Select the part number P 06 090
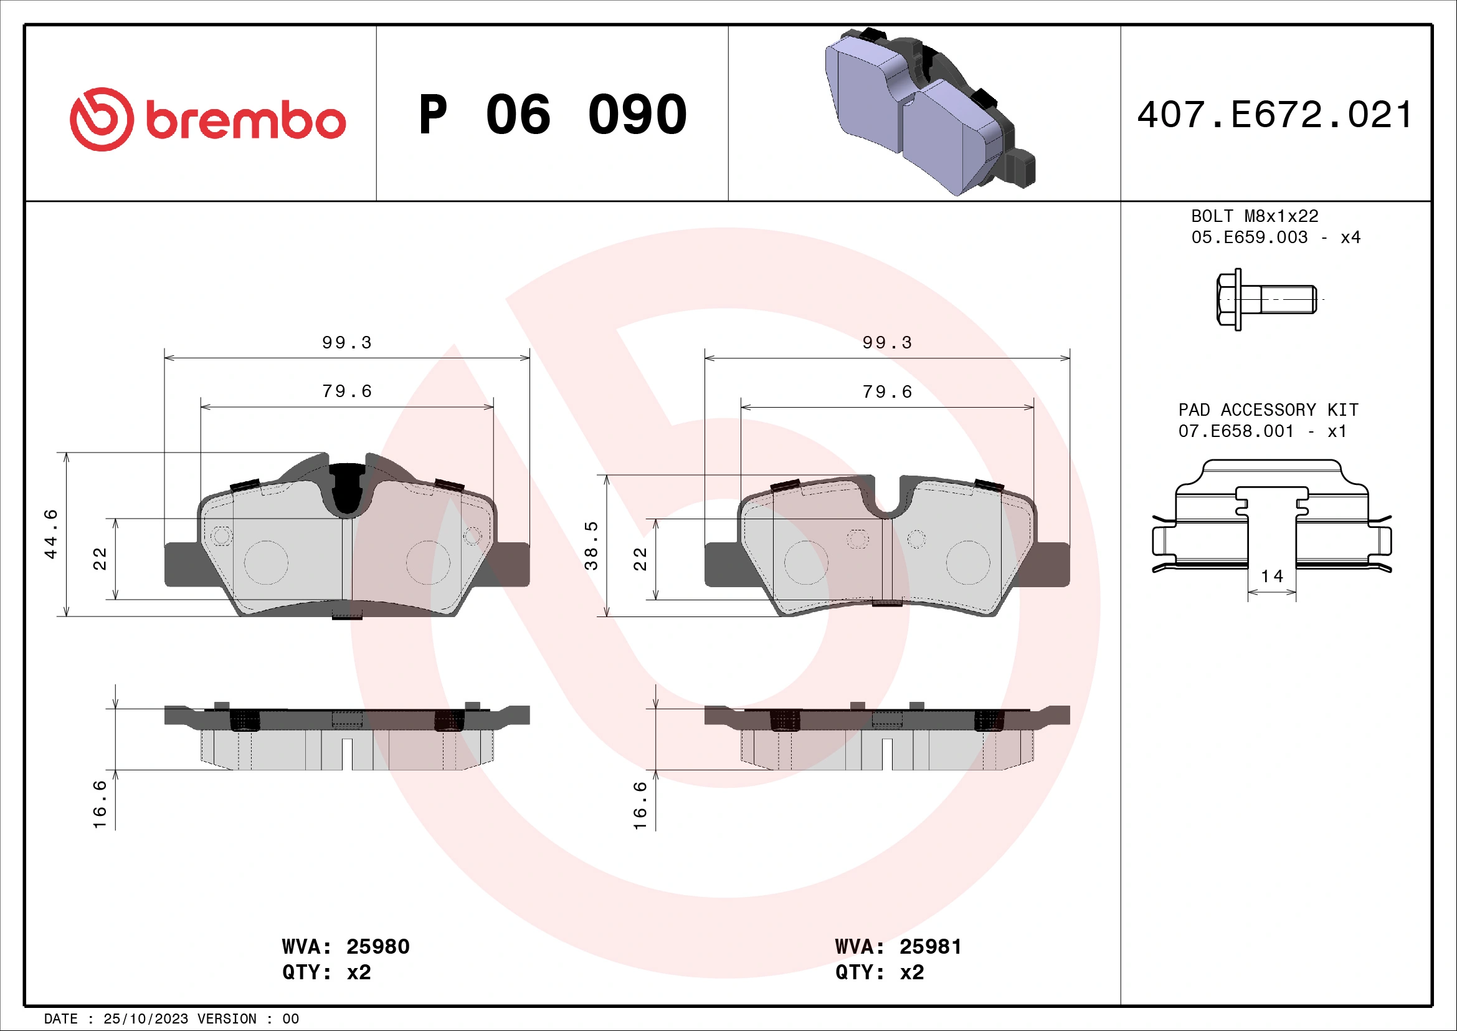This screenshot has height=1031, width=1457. [553, 115]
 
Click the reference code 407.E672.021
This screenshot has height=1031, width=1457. [1274, 115]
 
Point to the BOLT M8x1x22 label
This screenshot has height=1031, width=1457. [1254, 216]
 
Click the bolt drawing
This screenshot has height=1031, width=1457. [1265, 299]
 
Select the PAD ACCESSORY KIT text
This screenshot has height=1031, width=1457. [1268, 410]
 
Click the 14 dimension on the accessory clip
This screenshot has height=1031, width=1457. [1271, 577]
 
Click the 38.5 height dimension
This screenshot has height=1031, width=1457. [591, 546]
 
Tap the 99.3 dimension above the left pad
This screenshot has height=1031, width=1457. [346, 343]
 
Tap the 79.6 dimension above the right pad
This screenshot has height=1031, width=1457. [886, 392]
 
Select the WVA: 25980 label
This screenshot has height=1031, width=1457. [346, 947]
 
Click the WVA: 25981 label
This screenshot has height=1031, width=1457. [898, 947]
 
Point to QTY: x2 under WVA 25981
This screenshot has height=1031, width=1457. [879, 972]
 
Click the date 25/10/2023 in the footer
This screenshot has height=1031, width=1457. [145, 1019]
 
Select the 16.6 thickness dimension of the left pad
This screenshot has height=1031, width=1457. [100, 804]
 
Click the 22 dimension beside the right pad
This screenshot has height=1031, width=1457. [640, 559]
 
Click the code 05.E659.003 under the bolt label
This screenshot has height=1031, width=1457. [1249, 237]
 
